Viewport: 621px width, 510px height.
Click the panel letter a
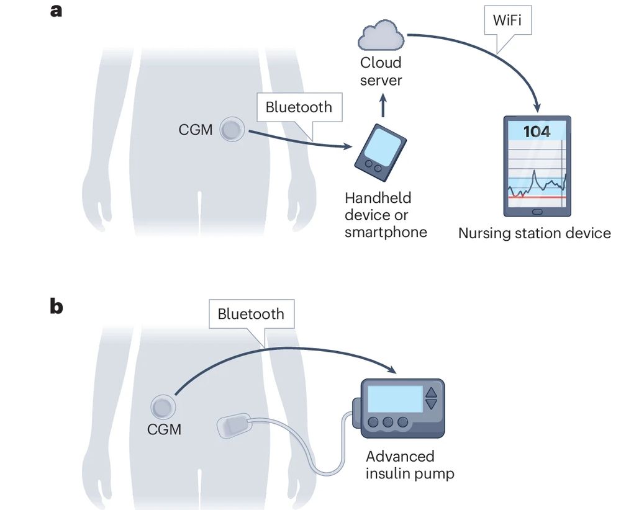(57, 11)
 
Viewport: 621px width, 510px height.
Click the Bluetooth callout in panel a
(299, 107)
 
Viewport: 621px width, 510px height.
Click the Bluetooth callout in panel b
(251, 315)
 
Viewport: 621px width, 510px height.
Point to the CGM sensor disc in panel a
(233, 130)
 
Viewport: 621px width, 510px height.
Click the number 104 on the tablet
(536, 132)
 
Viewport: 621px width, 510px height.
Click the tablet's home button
(537, 211)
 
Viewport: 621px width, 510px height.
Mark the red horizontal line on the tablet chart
(536, 197)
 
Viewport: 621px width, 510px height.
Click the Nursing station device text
(535, 233)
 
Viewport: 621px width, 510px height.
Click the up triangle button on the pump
(431, 391)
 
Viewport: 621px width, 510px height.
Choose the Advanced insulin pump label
(410, 465)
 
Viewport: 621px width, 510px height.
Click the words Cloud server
(381, 71)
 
